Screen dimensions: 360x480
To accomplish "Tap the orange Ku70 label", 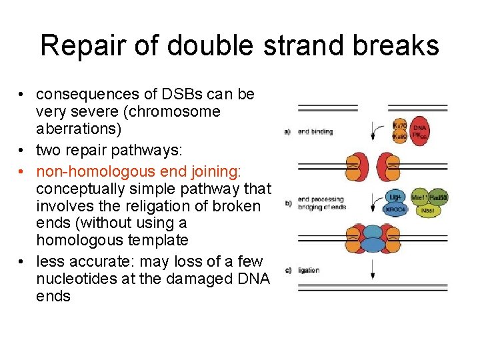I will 400,125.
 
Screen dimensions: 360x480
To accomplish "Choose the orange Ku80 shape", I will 399,137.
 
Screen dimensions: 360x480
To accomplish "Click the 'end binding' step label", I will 315,132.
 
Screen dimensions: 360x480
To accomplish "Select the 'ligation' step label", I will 309,270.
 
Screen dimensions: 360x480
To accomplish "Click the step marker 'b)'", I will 288,203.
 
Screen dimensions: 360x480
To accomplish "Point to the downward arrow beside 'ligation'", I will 371,269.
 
